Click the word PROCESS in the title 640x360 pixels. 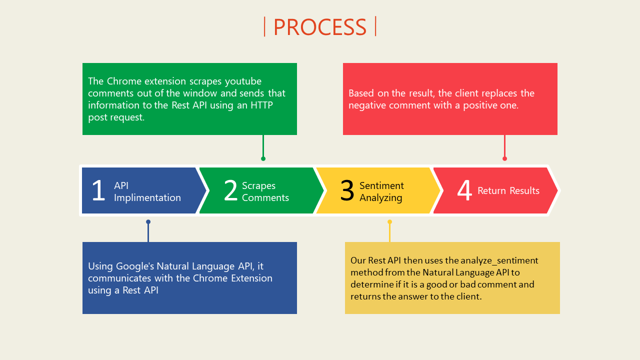tap(320, 27)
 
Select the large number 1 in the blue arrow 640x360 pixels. tap(98, 190)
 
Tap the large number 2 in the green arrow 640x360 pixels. tap(231, 190)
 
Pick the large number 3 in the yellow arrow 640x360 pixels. tap(347, 190)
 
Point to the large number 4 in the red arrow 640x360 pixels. tap(464, 190)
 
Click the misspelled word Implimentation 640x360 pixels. tap(147, 197)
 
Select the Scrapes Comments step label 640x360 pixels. tap(265, 191)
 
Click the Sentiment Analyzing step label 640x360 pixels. tap(381, 191)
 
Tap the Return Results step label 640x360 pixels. tap(508, 190)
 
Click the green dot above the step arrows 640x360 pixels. tap(263, 159)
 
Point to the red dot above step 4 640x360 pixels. tap(505, 159)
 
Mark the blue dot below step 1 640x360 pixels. tap(148, 221)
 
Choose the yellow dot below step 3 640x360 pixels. tap(389, 221)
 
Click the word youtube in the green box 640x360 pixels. tap(243, 81)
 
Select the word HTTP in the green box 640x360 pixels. tap(261, 105)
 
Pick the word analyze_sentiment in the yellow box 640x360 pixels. tap(499, 260)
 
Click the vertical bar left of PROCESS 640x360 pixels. tap(264, 26)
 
